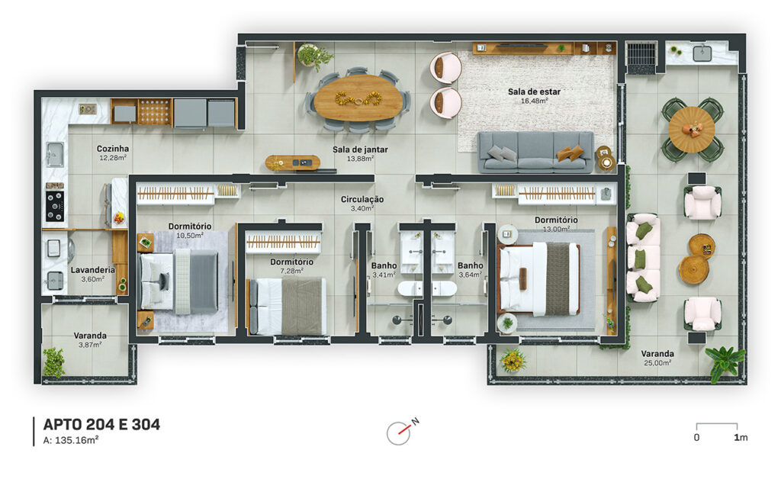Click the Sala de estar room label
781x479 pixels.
534,92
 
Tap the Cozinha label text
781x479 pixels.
113,149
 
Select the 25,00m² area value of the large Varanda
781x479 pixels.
657,363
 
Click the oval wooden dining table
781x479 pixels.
358,98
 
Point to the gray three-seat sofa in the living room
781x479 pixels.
536,152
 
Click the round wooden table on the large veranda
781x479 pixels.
692,130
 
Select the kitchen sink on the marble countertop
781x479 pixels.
54,154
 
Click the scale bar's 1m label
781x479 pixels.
741,438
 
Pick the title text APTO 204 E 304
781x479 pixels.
101,424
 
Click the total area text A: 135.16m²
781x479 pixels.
71,440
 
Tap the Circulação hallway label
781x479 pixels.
362,199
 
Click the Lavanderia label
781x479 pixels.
92,270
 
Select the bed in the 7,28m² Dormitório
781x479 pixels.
287,306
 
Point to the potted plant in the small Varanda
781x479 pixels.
54,362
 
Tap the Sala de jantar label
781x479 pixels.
360,149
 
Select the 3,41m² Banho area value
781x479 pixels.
384,275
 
